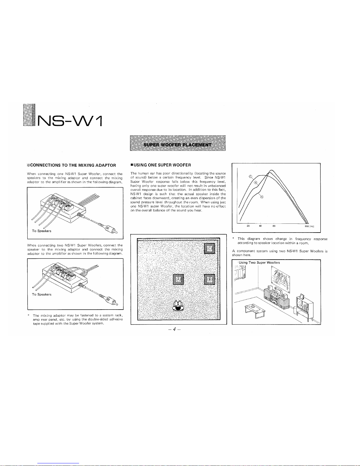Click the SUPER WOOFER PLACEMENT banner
click(178, 143)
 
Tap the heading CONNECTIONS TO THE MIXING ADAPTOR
click(71, 165)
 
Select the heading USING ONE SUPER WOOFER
click(161, 165)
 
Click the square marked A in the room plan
click(178, 279)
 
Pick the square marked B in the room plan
click(209, 279)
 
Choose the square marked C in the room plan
click(209, 248)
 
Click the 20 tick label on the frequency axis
click(248, 226)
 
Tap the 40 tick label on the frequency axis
click(260, 226)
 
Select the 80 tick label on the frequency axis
click(274, 226)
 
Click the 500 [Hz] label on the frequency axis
click(309, 226)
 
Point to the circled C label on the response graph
click(250, 176)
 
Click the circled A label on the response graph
click(262, 197)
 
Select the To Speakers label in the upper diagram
click(41, 231)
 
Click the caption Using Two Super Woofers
click(259, 263)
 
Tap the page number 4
click(175, 329)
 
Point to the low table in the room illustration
click(255, 310)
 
